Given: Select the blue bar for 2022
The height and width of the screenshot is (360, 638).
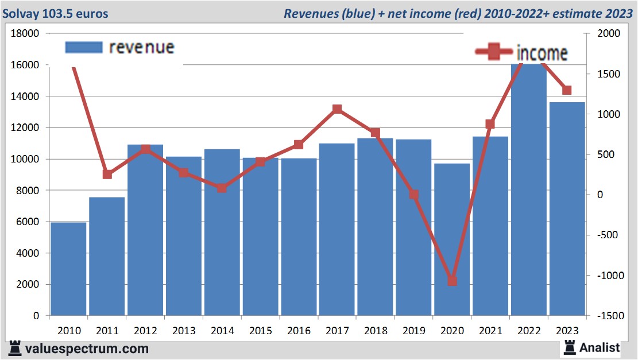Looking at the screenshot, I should click(529, 189).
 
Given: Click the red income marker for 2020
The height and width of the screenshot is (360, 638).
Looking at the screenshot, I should click(452, 281).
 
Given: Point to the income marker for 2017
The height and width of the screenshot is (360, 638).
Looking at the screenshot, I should click(337, 109).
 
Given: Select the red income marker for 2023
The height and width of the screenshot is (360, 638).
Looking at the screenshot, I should click(567, 90).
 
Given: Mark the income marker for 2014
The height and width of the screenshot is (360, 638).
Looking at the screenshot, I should click(222, 188).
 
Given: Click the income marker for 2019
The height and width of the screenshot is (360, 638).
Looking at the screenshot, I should click(413, 195).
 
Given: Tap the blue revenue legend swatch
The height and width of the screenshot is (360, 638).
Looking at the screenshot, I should click(84, 47).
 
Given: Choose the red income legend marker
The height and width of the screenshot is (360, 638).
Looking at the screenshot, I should click(493, 53).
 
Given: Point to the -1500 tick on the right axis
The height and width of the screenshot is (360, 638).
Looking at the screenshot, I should click(609, 316).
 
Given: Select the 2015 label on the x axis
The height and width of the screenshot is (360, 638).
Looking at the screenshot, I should click(261, 331).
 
